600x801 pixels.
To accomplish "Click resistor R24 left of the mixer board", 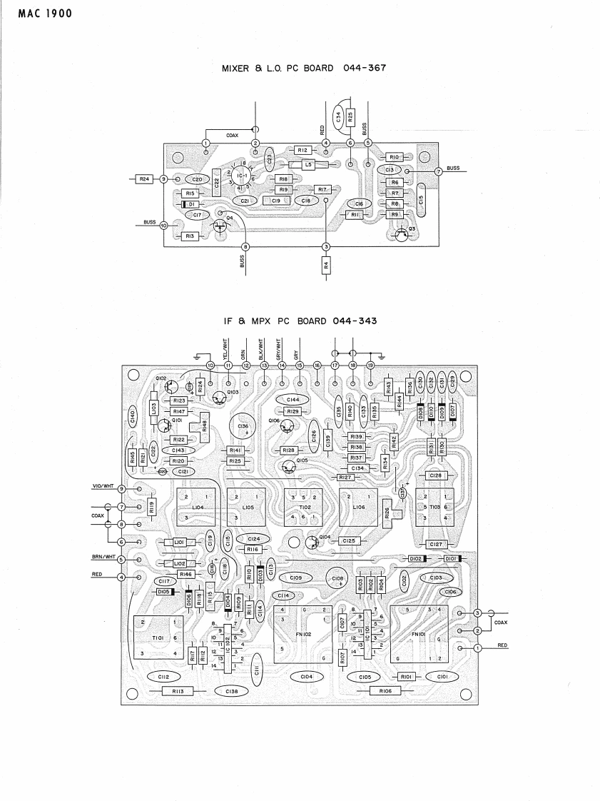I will pos(143,178).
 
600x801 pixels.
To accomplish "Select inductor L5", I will pos(308,164).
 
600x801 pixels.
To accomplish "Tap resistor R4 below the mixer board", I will pos(326,265).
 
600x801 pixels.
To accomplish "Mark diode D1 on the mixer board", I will pos(190,203).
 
